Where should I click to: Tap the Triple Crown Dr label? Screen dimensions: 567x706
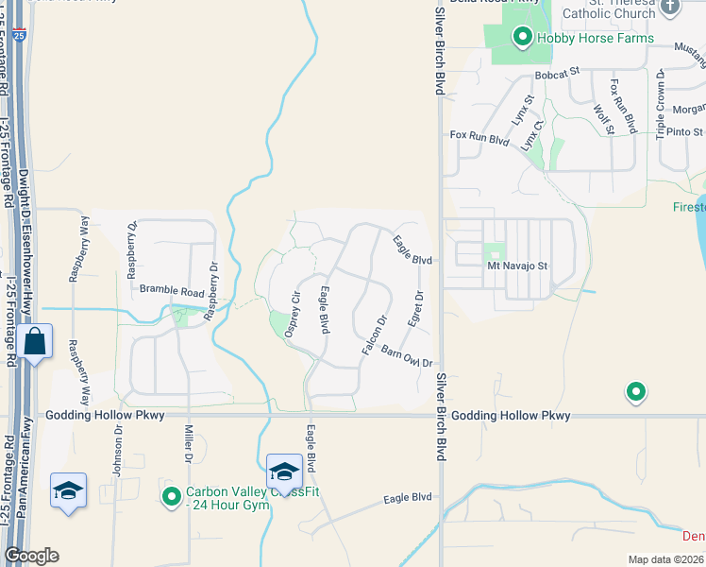(x=661, y=104)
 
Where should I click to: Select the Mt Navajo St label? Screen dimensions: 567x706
(x=517, y=266)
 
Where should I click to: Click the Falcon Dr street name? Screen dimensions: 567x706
(x=375, y=335)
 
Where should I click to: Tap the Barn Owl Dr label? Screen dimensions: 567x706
(x=407, y=357)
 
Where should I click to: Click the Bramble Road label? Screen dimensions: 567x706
(x=172, y=289)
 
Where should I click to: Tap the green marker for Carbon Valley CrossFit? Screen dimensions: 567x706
(x=172, y=496)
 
